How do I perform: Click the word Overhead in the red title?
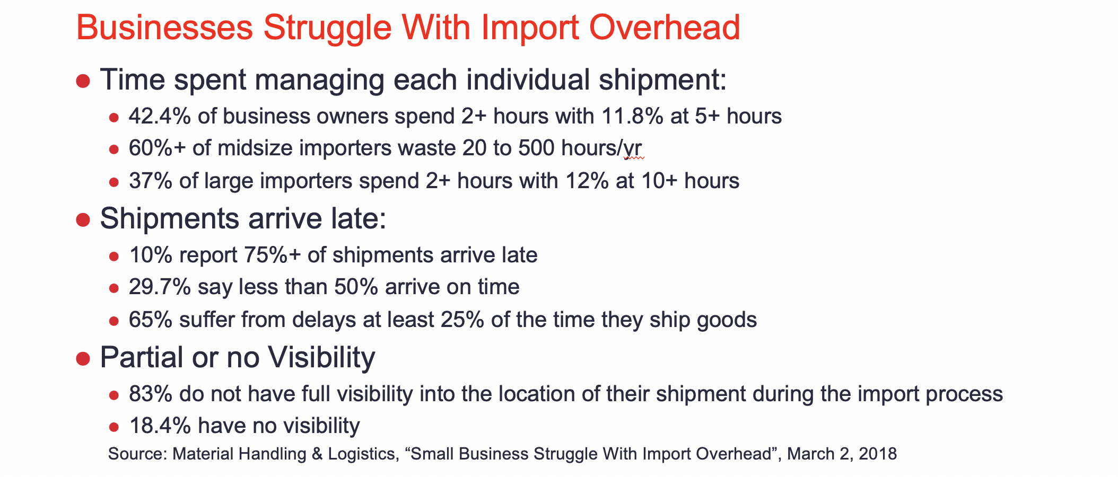[x=665, y=28]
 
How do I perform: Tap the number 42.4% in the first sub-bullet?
[x=160, y=116]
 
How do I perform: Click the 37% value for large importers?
[x=151, y=181]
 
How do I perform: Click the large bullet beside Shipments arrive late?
[x=83, y=219]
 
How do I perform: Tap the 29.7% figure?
[x=160, y=287]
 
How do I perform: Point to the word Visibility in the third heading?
[x=321, y=357]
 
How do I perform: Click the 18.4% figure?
[x=160, y=426]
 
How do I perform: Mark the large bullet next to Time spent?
[x=83, y=81]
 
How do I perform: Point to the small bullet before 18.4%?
[x=113, y=427]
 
